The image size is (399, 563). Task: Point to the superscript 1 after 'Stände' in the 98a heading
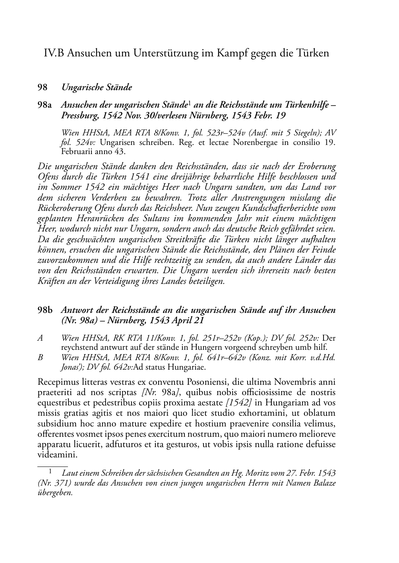[190, 104]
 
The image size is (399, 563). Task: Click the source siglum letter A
[40, 338]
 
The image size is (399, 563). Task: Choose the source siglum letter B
[40, 357]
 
